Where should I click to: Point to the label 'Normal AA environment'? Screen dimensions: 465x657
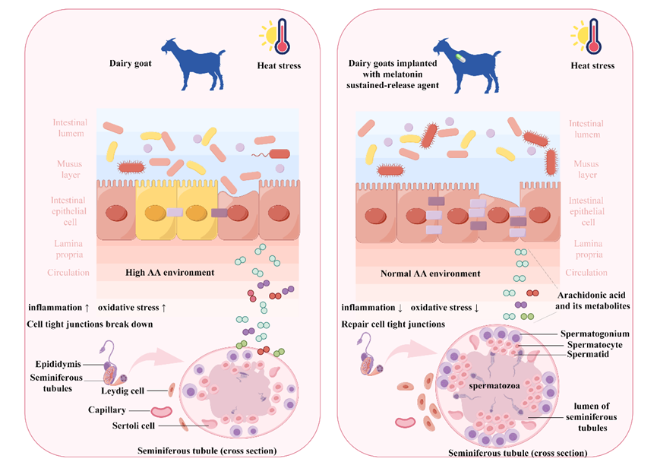430,273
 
